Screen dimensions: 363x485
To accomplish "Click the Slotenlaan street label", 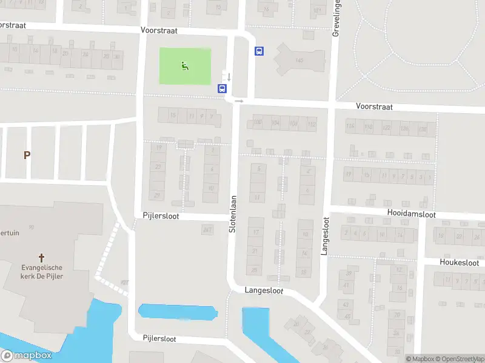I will click(232, 214).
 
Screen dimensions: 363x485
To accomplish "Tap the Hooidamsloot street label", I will click(412, 214).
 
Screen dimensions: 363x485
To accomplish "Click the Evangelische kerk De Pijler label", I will click(42, 272).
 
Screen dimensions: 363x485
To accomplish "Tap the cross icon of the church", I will click(42, 257).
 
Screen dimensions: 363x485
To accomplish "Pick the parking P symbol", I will click(27, 155).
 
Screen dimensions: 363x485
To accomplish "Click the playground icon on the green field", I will click(185, 66).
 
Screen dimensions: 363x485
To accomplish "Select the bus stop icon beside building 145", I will click(259, 51).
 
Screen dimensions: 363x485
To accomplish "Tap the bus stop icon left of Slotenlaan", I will click(222, 88).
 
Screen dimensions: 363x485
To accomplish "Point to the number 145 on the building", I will click(299, 60).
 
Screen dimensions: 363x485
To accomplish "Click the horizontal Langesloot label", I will click(264, 290).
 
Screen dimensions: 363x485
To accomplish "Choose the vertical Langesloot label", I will click(326, 236).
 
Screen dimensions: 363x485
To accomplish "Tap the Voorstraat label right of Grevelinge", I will click(374, 106).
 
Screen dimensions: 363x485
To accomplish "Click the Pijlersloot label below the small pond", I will click(159, 338).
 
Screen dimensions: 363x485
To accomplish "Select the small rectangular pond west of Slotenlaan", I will click(178, 312).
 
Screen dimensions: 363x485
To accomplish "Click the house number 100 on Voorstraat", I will click(258, 123).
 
